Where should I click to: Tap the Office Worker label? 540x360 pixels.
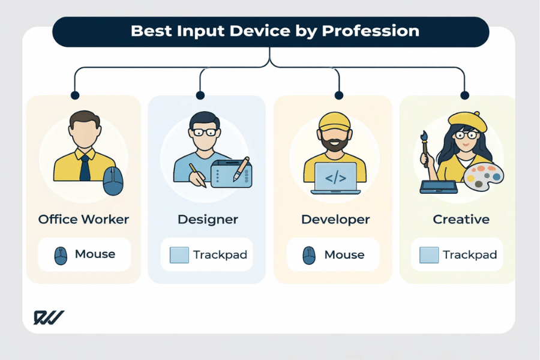tap(83, 219)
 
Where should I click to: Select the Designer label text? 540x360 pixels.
tap(208, 219)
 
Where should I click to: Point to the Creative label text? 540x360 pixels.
tap(461, 219)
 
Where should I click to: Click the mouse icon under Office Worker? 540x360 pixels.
tap(61, 255)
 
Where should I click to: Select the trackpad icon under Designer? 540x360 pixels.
tap(179, 255)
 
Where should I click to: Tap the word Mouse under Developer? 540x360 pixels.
tap(344, 254)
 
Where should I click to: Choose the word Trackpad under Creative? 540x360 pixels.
tap(470, 255)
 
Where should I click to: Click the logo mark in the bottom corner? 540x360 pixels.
tap(48, 317)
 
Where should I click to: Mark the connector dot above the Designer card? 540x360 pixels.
tap(200, 95)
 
